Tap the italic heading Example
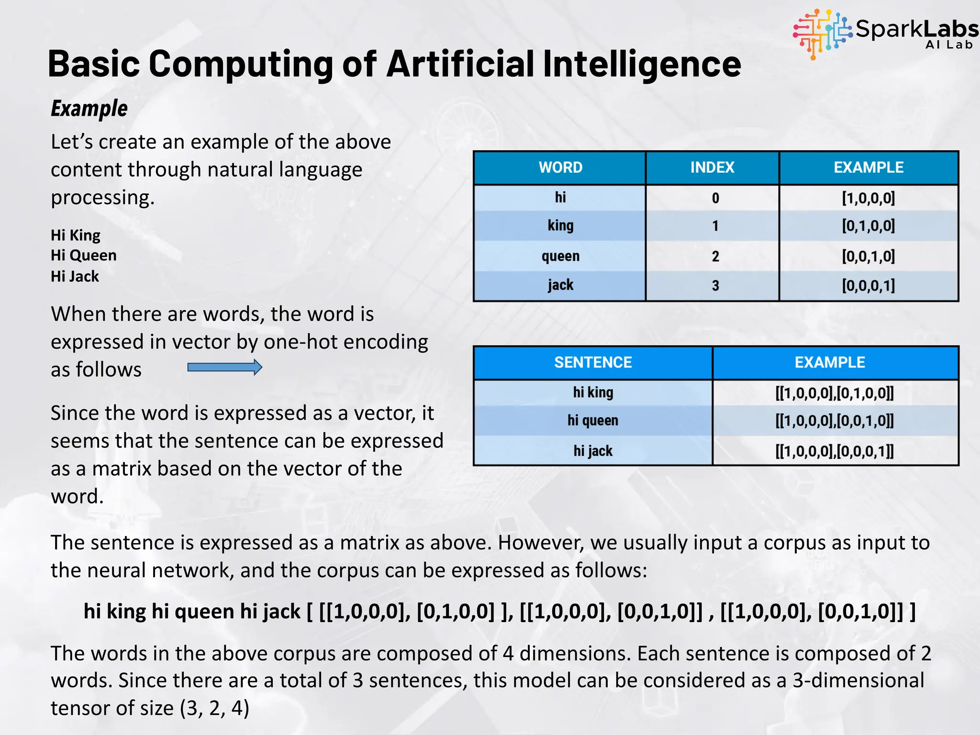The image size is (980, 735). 89,109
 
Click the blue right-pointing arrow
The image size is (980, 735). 224,367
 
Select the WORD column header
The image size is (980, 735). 560,167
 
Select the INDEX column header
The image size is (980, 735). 712,167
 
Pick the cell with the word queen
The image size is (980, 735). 560,256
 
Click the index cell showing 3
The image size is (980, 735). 715,286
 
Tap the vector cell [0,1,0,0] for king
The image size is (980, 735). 868,225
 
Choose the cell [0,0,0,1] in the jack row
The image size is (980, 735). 868,286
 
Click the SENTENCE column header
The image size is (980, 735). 593,362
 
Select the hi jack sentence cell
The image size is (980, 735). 593,451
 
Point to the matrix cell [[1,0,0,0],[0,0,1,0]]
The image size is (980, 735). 834,421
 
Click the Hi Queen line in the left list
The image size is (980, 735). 84,256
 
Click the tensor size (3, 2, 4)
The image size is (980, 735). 214,708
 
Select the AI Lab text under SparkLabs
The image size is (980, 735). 949,45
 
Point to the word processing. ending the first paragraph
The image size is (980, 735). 102,198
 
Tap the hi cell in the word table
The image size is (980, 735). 560,197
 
